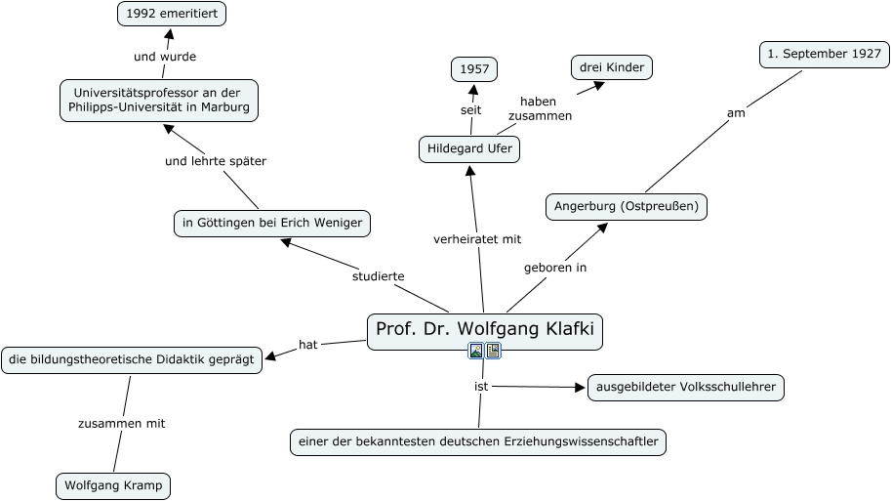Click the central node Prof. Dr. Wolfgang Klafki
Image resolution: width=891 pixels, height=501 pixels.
pos(485,330)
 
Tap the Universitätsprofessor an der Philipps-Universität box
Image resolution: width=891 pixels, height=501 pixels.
pos(159,100)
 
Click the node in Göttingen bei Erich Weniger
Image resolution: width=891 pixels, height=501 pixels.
pos(272,223)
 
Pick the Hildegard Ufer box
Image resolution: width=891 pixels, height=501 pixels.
pos(468,149)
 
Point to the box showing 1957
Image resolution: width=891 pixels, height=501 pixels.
pos(474,69)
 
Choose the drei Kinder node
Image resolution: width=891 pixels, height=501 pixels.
pos(611,66)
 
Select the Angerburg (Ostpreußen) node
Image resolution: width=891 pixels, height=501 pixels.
pos(626,207)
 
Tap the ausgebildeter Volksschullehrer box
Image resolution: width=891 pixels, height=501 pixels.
pos(685,388)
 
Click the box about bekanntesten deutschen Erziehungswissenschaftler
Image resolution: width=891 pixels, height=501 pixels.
pos(479,442)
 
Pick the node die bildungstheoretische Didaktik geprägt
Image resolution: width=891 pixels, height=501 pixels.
pos(132,359)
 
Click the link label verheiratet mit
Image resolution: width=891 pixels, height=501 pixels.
pos(477,238)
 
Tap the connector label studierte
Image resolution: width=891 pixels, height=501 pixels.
pos(378,276)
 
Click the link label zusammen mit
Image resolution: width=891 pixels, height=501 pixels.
pos(122,423)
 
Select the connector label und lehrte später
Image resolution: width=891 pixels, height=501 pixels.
pos(216,160)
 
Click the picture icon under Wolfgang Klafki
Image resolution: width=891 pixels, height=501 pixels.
pos(476,351)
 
